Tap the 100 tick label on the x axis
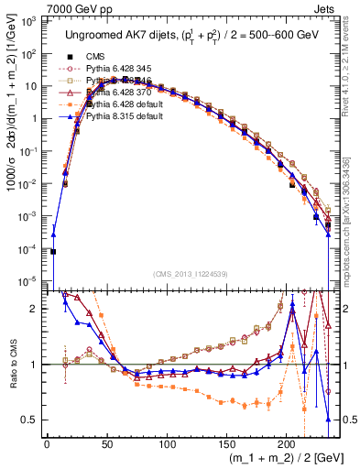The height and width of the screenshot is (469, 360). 167,445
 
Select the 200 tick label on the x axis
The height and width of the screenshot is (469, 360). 287,445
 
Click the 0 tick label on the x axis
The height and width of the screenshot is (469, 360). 47,445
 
